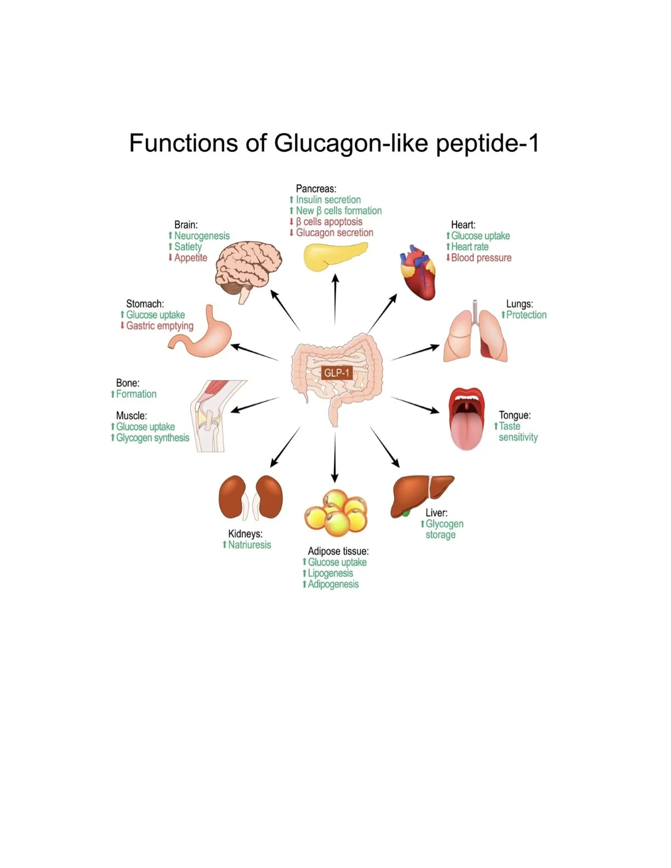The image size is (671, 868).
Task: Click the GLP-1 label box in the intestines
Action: pyautogui.click(x=337, y=373)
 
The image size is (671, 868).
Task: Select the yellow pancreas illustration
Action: pyautogui.click(x=334, y=255)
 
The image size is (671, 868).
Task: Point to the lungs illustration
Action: pyautogui.click(x=475, y=334)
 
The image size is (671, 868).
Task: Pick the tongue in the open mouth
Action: pyautogui.click(x=466, y=427)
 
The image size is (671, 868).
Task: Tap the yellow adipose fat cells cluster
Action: pyautogui.click(x=336, y=513)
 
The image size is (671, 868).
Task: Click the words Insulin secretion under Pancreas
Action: pyautogui.click(x=328, y=200)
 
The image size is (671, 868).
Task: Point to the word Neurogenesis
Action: pyautogui.click(x=202, y=236)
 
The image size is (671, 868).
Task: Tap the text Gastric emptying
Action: pyautogui.click(x=160, y=326)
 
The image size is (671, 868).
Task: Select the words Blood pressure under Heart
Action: pyautogui.click(x=481, y=258)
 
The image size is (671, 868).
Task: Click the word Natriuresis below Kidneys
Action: pyautogui.click(x=249, y=545)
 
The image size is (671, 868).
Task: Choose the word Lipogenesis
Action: pyautogui.click(x=330, y=574)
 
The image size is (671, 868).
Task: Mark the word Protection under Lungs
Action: pyautogui.click(x=526, y=315)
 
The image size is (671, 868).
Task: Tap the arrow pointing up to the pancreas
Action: pyautogui.click(x=335, y=299)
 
